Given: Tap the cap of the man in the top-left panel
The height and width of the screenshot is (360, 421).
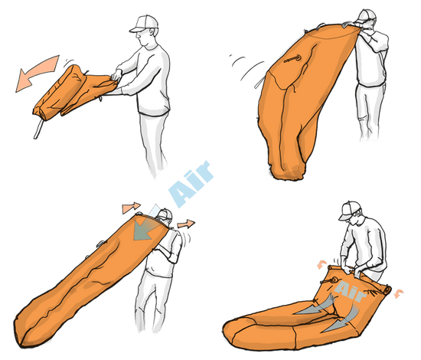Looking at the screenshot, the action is click(143, 24).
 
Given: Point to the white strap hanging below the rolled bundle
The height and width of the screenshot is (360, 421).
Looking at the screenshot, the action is click(38, 129).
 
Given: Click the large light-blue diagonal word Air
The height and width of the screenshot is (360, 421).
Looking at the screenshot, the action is click(191, 185).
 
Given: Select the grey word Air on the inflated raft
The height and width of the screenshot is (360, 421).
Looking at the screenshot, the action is click(350, 291).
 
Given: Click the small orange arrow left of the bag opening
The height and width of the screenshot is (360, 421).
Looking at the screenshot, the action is click(132, 208).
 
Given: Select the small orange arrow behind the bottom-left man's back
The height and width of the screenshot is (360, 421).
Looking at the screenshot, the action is click(186, 224).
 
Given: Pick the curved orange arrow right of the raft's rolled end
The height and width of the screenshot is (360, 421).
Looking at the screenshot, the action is click(399, 293).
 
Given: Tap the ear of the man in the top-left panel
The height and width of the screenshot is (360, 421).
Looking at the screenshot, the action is click(152, 31).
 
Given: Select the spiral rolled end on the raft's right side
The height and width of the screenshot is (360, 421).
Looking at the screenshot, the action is click(387, 290).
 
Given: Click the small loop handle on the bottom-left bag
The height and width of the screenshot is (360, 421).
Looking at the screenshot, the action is click(101, 244).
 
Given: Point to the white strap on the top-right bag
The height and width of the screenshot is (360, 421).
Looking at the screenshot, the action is click(259, 83).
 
